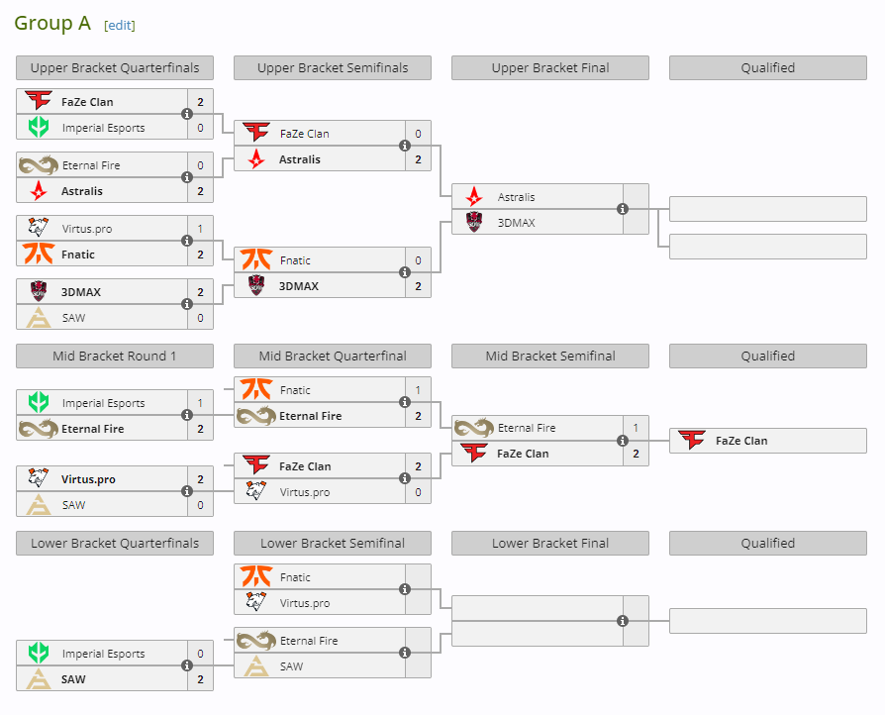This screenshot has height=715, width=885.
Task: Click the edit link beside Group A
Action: tap(120, 25)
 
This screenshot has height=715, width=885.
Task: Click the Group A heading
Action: tap(52, 23)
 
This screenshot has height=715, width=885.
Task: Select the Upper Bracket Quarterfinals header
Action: tap(115, 68)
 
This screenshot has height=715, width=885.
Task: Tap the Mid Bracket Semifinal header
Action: tap(550, 356)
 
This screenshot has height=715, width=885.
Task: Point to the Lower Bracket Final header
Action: tap(550, 543)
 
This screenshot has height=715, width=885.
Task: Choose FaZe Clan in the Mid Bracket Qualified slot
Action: tap(740, 441)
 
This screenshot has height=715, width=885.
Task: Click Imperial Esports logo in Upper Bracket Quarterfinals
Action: tap(39, 128)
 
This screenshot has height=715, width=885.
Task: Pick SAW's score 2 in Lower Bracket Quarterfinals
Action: tap(200, 679)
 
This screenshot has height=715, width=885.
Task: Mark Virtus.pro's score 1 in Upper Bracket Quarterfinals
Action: tap(200, 229)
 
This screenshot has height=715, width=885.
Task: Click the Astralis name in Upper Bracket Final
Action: tap(516, 197)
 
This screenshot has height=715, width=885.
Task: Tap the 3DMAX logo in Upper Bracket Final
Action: tap(474, 223)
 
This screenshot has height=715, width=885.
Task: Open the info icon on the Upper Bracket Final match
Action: tap(623, 209)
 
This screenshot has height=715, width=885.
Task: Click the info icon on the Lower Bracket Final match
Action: tap(623, 621)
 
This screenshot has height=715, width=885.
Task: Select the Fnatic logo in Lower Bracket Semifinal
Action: tap(256, 577)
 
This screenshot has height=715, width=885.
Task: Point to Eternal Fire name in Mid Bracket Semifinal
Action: tap(526, 428)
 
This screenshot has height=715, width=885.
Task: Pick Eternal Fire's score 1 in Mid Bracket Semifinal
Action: tap(636, 428)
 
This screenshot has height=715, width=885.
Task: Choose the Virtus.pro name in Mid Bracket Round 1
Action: tap(88, 479)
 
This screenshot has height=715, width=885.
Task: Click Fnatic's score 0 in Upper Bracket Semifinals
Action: tap(418, 260)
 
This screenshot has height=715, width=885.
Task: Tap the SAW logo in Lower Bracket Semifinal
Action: tap(256, 666)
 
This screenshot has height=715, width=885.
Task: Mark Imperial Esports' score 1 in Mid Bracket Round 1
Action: tap(200, 403)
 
